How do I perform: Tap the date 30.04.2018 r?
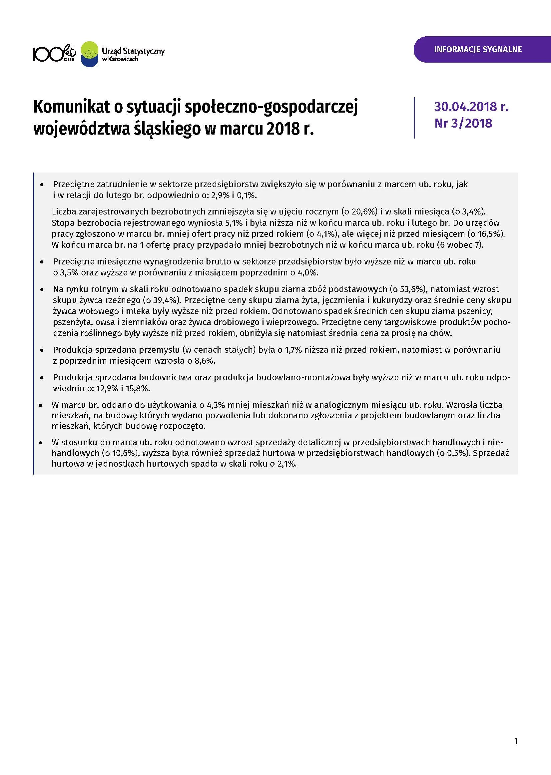471,107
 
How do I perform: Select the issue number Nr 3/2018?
463,123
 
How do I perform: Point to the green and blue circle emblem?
90,54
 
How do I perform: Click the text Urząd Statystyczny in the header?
133,51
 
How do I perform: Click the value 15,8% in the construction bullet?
137,388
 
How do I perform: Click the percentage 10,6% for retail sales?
124,453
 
